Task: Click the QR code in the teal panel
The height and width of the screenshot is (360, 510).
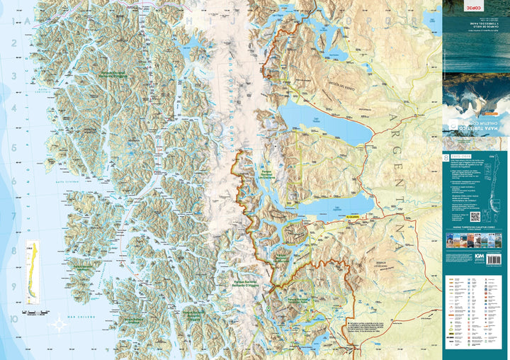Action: pyautogui.click(x=475, y=216)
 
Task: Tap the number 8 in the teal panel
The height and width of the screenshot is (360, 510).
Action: pyautogui.click(x=445, y=157)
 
